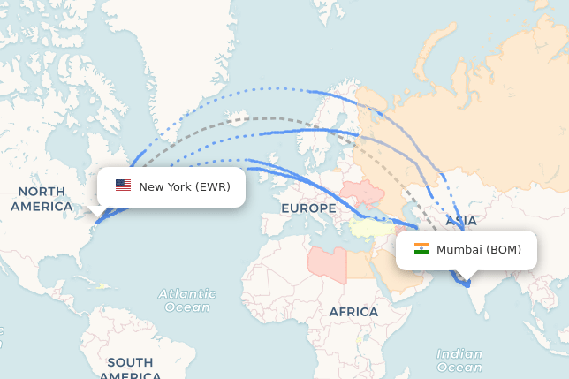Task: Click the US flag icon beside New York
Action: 123,186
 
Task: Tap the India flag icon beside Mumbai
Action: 421,249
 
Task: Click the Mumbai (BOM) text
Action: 478,250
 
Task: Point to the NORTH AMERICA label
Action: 42,199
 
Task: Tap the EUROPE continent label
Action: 308,208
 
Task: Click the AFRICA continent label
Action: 353,312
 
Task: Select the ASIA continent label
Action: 461,221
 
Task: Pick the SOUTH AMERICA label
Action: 130,368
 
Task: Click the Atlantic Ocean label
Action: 187,300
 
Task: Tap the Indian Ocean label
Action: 459,360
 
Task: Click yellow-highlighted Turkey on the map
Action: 375,229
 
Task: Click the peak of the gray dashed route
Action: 265,117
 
